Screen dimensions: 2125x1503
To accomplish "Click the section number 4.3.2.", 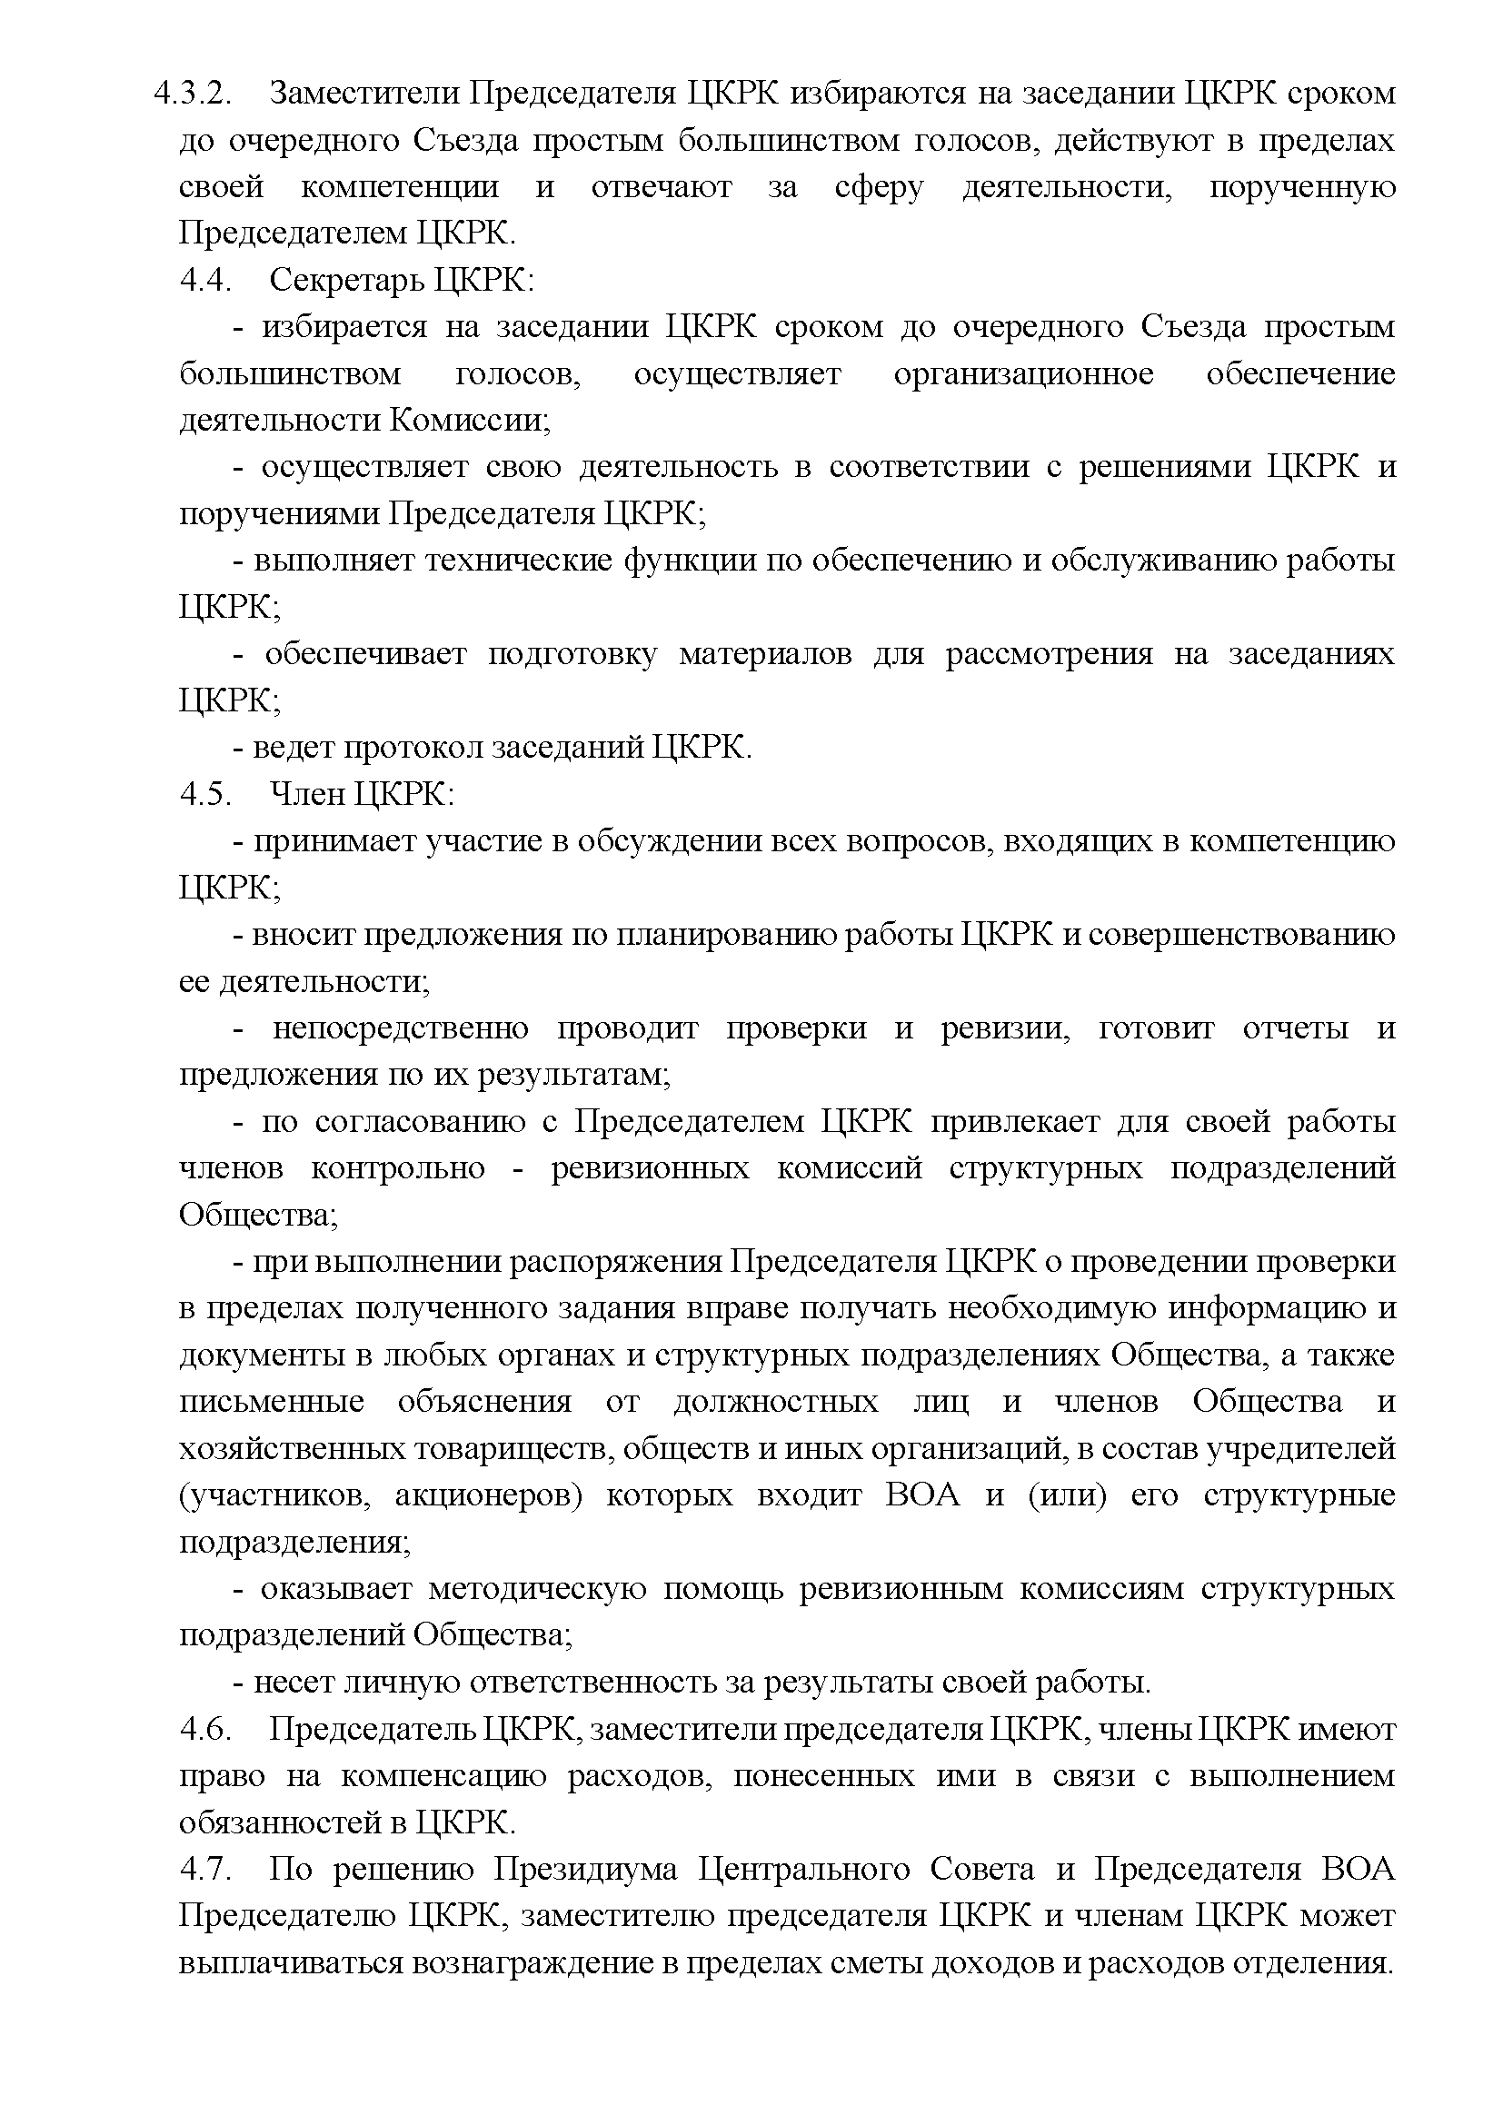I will [192, 94].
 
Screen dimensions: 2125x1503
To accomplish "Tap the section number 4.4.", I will [204, 281].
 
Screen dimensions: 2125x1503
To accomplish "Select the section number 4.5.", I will [204, 794].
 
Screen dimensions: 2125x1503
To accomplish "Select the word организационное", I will [1023, 374].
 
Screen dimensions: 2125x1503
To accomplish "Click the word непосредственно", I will [401, 1028].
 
